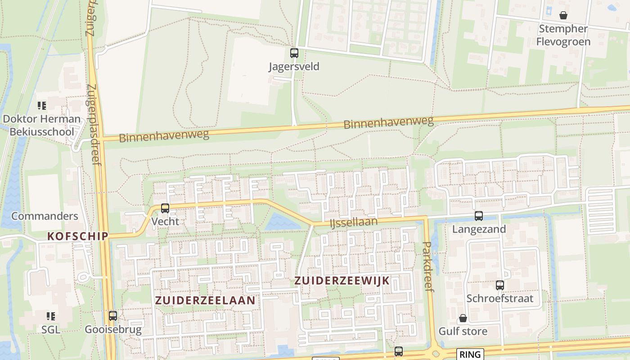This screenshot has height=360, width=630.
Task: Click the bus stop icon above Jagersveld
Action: [x=294, y=53]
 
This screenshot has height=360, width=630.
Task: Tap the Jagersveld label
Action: [x=294, y=67]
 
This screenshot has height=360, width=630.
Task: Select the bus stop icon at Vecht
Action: [x=165, y=208]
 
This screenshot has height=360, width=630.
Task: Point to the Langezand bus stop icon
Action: [x=479, y=216]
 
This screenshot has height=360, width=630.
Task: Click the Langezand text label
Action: [x=479, y=229]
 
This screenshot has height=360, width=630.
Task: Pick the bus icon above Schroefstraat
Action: [x=500, y=285]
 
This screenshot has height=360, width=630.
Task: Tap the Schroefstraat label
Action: [x=499, y=298]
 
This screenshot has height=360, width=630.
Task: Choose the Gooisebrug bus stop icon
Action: [x=113, y=316]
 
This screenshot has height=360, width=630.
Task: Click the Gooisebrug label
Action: [x=113, y=329]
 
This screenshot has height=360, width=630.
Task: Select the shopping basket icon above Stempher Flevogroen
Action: [x=563, y=16]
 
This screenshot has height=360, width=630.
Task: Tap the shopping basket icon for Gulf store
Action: [x=463, y=319]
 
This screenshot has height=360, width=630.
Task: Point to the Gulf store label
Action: [x=463, y=332]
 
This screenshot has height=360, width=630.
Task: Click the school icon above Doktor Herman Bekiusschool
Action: [x=42, y=106]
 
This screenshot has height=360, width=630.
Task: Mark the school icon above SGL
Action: [x=51, y=316]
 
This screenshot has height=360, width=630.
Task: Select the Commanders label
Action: [x=45, y=216]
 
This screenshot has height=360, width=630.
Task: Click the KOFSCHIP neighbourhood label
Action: [x=78, y=236]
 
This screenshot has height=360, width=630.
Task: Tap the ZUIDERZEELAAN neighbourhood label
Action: [x=205, y=300]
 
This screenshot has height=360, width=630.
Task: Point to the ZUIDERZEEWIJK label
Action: [x=342, y=280]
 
